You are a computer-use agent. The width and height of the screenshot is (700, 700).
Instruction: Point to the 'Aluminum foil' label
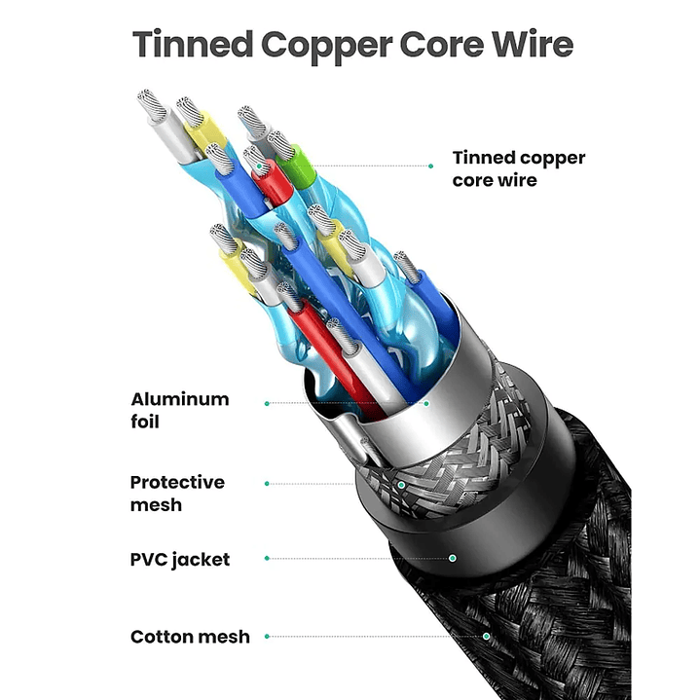point(180,410)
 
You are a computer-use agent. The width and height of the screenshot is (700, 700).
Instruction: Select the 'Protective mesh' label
point(177,494)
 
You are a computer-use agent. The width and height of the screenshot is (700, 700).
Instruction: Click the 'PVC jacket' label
point(180,560)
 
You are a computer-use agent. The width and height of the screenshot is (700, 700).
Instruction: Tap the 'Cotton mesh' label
point(190,637)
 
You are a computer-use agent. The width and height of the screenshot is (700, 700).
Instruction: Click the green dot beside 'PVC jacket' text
point(267,559)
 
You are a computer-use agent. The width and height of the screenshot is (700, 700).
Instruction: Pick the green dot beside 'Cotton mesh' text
point(267,637)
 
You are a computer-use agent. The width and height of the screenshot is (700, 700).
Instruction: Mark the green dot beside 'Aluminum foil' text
point(267,401)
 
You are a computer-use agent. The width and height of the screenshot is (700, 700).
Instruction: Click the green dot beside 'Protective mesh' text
point(267,483)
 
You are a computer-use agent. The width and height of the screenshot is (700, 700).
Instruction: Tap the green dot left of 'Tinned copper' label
point(431,166)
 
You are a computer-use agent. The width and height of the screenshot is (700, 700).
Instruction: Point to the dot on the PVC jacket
point(453,559)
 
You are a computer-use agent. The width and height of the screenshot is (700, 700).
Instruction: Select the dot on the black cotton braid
point(486,637)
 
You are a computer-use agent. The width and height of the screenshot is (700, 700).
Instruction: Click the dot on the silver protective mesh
point(400,483)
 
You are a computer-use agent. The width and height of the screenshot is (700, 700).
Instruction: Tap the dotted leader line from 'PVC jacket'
point(360,559)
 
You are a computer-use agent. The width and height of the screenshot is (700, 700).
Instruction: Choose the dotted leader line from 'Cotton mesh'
point(376,637)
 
